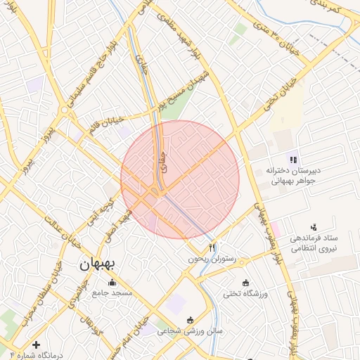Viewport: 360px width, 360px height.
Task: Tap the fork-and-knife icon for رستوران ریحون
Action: pyautogui.click(x=212, y=247)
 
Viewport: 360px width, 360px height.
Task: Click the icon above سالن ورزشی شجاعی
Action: pyautogui.click(x=189, y=321)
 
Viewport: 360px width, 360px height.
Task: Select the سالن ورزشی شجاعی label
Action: pyautogui.click(x=189, y=330)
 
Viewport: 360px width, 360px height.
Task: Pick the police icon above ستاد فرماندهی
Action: pyautogui.click(x=313, y=226)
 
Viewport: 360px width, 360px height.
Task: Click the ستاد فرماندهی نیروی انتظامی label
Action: pyautogui.click(x=315, y=243)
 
